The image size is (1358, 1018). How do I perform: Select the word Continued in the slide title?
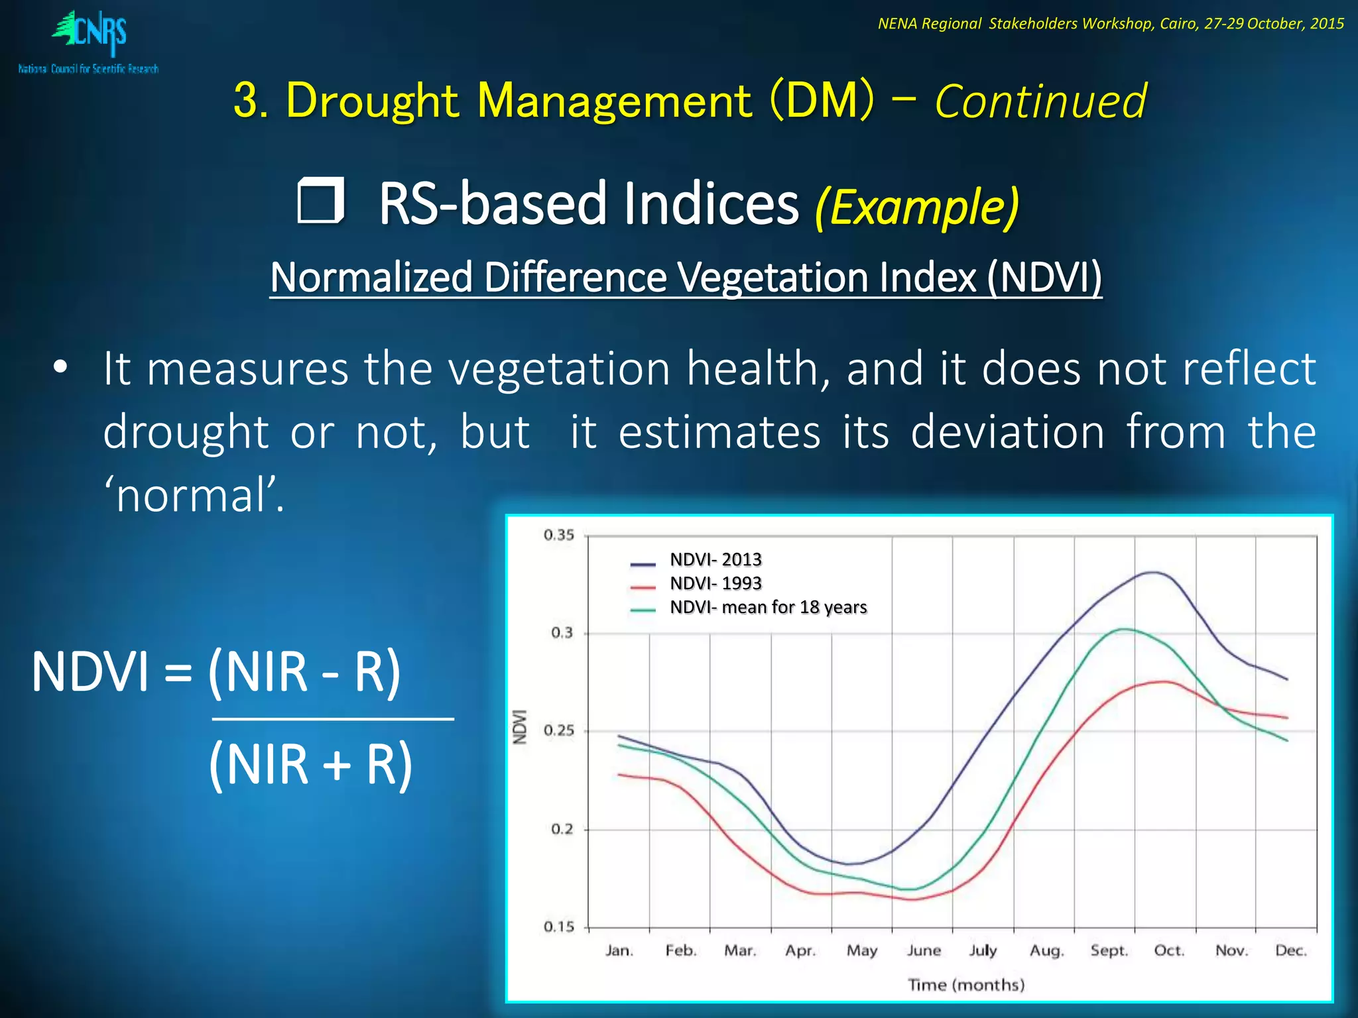pyautogui.click(x=1040, y=102)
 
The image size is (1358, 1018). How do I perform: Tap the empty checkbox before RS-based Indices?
pyautogui.click(x=321, y=200)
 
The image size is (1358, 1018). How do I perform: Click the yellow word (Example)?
pyautogui.click(x=916, y=207)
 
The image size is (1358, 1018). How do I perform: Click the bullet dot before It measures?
pyautogui.click(x=60, y=368)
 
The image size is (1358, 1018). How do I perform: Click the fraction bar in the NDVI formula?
pyautogui.click(x=333, y=718)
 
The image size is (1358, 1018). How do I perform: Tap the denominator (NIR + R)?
pyautogui.click(x=310, y=765)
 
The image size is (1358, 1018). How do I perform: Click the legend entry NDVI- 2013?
pyautogui.click(x=715, y=560)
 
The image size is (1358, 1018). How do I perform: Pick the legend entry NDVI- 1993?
pyautogui.click(x=715, y=583)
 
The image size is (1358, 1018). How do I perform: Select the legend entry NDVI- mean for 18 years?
pyautogui.click(x=768, y=607)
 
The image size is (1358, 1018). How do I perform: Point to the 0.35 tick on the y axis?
pyautogui.click(x=558, y=535)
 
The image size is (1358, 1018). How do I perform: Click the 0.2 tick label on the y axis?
pyautogui.click(x=562, y=829)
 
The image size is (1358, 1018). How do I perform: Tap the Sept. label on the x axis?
pyautogui.click(x=1109, y=950)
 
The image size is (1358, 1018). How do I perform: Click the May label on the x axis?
pyautogui.click(x=861, y=950)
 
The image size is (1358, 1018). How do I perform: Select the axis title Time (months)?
pyautogui.click(x=966, y=985)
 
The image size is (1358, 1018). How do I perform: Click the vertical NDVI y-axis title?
pyautogui.click(x=521, y=727)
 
